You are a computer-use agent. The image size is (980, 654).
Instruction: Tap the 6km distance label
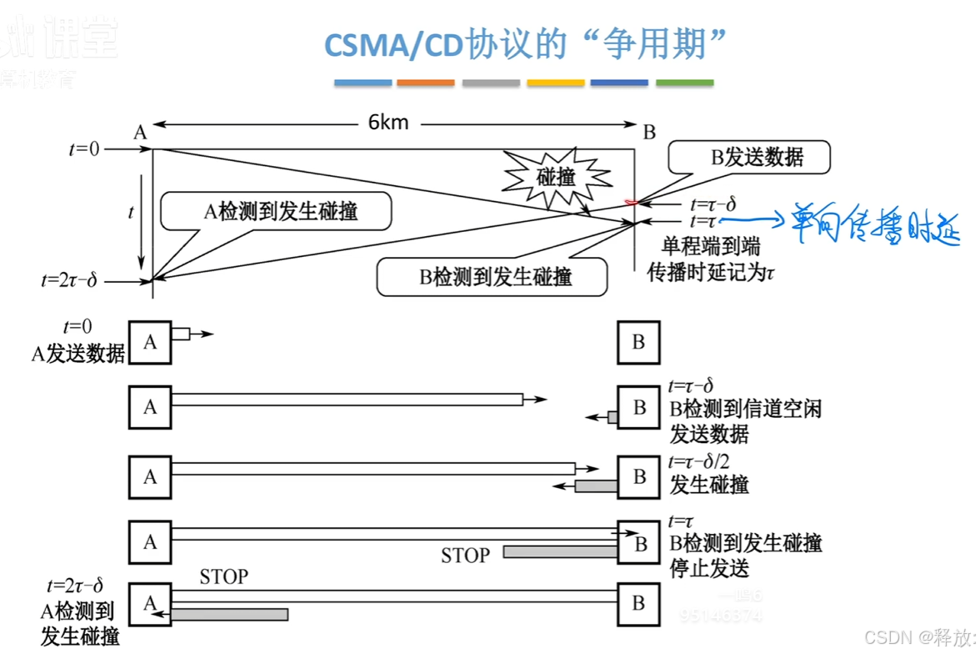click(389, 123)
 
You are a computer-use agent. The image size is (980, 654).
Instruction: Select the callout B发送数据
click(755, 158)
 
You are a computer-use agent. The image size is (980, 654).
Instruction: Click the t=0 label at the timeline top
click(84, 149)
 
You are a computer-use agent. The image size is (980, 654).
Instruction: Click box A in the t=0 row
click(150, 342)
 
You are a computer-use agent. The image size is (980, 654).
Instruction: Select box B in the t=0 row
click(638, 342)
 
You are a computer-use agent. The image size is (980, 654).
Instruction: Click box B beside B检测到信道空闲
click(638, 408)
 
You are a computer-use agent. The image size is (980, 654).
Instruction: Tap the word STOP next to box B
click(466, 554)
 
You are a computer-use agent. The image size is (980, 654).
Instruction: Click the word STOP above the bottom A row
click(223, 576)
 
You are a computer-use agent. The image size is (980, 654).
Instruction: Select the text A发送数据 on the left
click(77, 354)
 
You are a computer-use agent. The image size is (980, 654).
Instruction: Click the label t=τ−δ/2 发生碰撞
click(709, 473)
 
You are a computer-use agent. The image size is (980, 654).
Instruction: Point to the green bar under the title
click(684, 83)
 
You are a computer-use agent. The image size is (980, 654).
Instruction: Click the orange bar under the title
click(426, 83)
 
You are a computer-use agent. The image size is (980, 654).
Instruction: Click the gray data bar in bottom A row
click(230, 614)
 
